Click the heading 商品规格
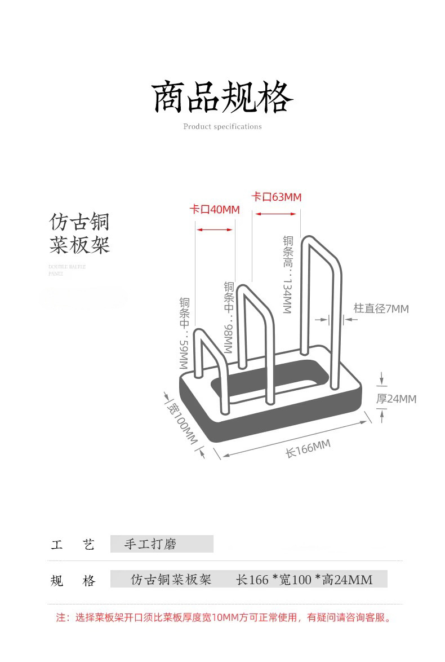(x=222, y=97)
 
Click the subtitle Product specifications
(x=222, y=126)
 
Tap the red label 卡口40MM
(x=215, y=210)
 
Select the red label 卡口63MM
(x=277, y=197)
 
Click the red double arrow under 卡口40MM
(x=214, y=230)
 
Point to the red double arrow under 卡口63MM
(x=275, y=214)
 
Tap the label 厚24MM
(x=396, y=399)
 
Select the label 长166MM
(x=308, y=449)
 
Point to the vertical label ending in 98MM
(x=229, y=317)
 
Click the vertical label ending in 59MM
(x=184, y=333)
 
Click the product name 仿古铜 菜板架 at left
(x=79, y=233)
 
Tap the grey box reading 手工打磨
(x=162, y=544)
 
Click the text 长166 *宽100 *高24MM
(x=304, y=579)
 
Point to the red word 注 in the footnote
(x=60, y=617)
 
